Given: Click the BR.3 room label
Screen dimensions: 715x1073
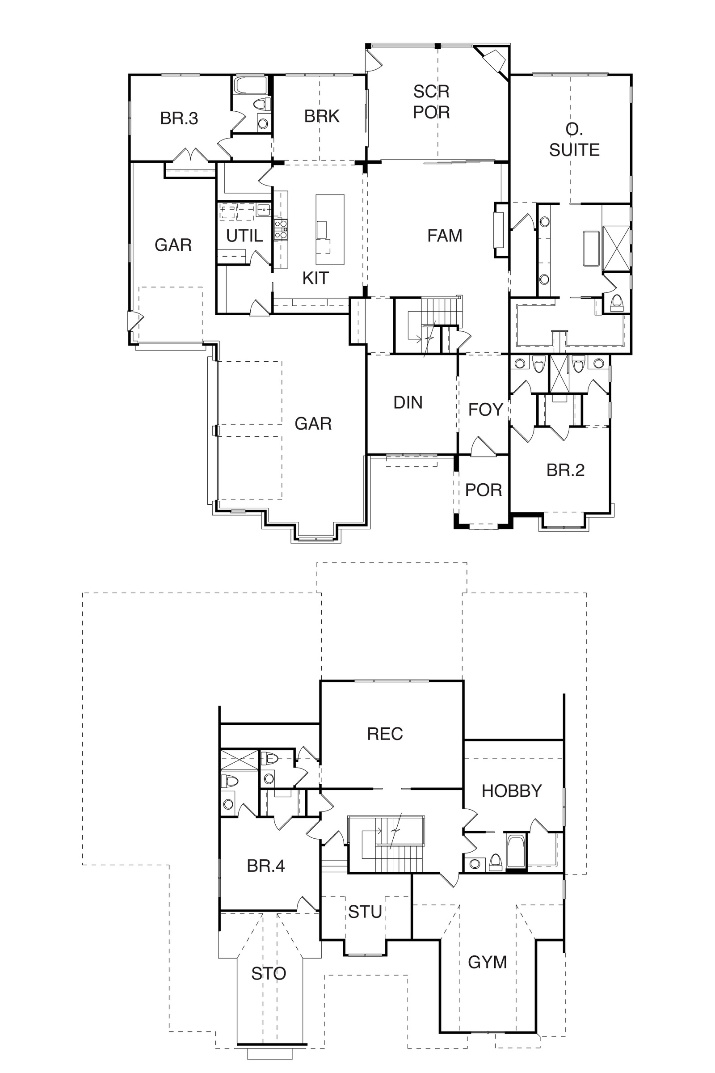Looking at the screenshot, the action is pyautogui.click(x=179, y=118).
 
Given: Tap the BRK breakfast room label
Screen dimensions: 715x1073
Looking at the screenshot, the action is pyautogui.click(x=322, y=116).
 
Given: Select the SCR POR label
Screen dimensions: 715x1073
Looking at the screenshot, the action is pyautogui.click(x=431, y=102).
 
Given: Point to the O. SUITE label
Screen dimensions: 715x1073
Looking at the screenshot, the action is pyautogui.click(x=574, y=139).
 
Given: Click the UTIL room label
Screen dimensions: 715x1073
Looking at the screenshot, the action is pyautogui.click(x=245, y=236).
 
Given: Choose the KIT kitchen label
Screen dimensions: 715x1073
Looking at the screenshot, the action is pyautogui.click(x=315, y=278).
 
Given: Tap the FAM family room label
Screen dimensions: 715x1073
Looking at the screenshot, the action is pyautogui.click(x=445, y=236).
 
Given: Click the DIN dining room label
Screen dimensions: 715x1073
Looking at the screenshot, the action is pyautogui.click(x=408, y=402).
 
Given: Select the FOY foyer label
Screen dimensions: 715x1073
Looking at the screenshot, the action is pyautogui.click(x=486, y=410).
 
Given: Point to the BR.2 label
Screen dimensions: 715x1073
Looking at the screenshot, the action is pyautogui.click(x=565, y=470).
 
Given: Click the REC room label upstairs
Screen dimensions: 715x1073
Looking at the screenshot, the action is pyautogui.click(x=385, y=734).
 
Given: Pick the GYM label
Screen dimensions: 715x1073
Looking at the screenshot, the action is pyautogui.click(x=488, y=962).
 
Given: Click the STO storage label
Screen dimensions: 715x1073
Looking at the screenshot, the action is pyautogui.click(x=269, y=974).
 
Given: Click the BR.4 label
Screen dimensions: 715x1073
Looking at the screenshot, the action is pyautogui.click(x=266, y=866).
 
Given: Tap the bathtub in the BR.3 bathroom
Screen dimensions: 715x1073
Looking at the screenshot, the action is pyautogui.click(x=250, y=85).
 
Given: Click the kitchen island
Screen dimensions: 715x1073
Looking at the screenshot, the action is pyautogui.click(x=330, y=229).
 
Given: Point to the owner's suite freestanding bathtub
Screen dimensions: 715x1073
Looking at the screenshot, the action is pyautogui.click(x=591, y=248).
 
